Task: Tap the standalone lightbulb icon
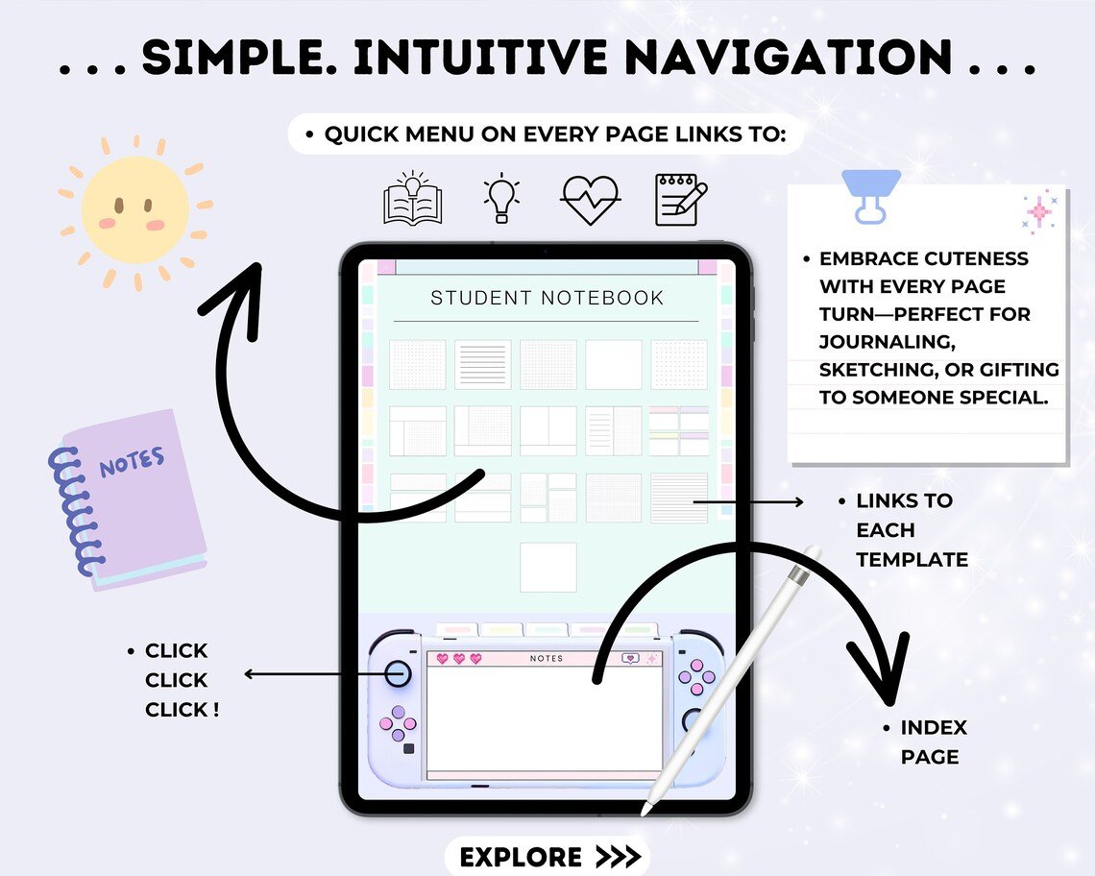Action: (x=500, y=198)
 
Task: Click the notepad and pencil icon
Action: (x=680, y=199)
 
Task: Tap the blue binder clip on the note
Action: (x=870, y=195)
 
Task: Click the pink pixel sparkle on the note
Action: (x=1038, y=212)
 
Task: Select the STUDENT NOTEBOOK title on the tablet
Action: (x=547, y=298)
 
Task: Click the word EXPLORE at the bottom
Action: (x=521, y=857)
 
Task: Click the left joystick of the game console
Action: (x=398, y=673)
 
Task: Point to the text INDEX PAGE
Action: (x=929, y=742)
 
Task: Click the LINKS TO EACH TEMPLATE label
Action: (x=911, y=529)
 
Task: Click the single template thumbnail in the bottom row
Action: (x=548, y=567)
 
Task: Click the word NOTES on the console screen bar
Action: (x=547, y=659)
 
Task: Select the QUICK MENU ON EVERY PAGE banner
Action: (x=545, y=134)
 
